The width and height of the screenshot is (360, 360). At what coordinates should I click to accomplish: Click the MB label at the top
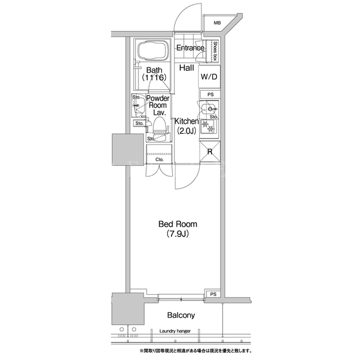(217, 23)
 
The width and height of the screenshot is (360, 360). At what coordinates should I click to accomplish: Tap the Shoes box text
(215, 51)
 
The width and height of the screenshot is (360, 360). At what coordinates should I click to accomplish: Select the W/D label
(209, 76)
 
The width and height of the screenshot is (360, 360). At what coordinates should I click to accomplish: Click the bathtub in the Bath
(152, 51)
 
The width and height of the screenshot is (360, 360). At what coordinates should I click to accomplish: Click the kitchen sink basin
(209, 109)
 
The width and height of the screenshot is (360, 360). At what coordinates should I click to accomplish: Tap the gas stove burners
(209, 127)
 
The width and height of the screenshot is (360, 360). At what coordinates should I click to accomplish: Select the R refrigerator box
(210, 152)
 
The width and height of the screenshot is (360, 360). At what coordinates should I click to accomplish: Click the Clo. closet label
(159, 159)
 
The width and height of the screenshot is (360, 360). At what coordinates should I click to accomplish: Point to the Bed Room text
(178, 224)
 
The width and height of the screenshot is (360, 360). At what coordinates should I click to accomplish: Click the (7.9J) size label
(178, 234)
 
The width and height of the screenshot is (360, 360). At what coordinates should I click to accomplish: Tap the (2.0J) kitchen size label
(186, 131)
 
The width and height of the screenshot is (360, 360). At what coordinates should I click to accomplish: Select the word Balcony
(181, 316)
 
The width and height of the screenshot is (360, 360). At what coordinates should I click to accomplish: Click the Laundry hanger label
(175, 331)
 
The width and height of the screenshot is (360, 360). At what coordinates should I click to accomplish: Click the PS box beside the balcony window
(213, 294)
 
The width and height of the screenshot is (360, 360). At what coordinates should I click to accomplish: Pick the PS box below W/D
(210, 94)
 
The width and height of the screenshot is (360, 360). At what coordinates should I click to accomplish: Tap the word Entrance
(190, 48)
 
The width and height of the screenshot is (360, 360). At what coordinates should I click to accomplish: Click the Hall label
(187, 67)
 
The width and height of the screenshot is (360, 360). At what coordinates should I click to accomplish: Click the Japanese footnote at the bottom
(196, 351)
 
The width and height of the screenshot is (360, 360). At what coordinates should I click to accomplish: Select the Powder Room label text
(157, 102)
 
